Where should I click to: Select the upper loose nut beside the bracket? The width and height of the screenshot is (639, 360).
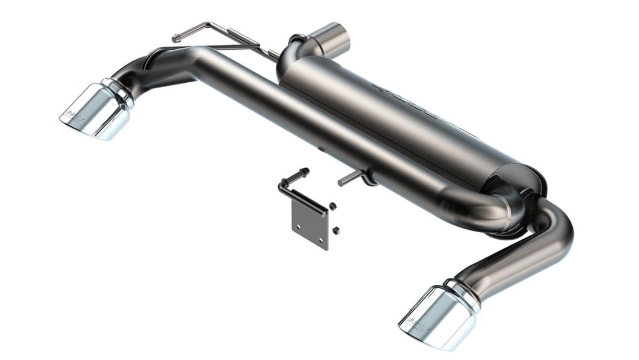point(333,206)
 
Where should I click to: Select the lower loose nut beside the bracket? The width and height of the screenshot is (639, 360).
point(335,230)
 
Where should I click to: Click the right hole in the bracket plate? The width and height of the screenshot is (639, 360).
point(322,240)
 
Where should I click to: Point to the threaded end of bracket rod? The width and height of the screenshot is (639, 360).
point(305,172)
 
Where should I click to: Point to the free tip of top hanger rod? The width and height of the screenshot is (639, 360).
point(175,39)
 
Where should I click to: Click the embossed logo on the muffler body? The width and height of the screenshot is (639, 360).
point(408,98)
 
